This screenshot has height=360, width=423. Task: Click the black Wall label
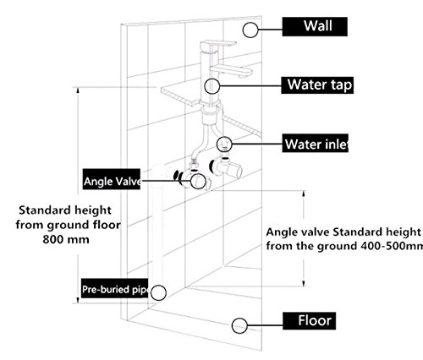315,26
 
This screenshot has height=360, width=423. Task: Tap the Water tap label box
317,85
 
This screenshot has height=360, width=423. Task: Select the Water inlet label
316,144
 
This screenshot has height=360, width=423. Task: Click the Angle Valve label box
112,179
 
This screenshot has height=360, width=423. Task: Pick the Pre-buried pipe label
114,288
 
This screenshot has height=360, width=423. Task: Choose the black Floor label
310,321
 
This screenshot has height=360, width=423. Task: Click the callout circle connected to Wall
250,30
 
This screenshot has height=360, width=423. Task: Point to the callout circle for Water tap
212,86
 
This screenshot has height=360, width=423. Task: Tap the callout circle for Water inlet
224,145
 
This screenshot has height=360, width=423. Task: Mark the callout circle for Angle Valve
198,181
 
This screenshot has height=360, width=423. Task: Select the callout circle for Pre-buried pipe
158,292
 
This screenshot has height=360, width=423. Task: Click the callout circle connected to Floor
239,326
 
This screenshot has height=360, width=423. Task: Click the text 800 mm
66,240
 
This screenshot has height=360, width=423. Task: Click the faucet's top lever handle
218,45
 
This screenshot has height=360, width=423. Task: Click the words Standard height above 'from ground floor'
65,210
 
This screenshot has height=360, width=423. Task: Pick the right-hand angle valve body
226,168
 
